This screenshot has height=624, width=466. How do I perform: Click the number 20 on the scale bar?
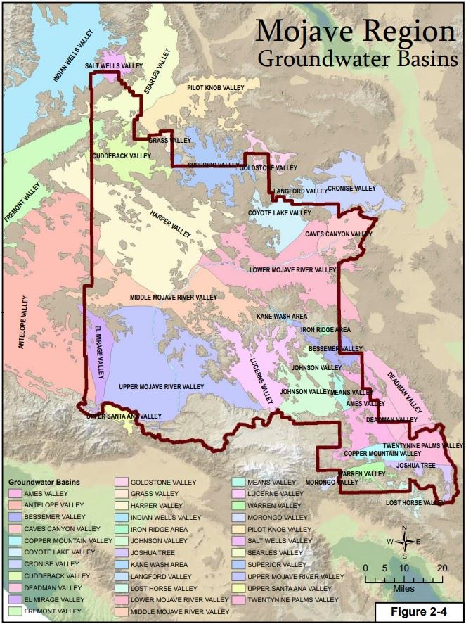point(440,568)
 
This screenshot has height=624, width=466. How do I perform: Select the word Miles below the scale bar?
point(403,586)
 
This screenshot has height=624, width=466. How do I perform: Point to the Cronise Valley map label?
point(351,189)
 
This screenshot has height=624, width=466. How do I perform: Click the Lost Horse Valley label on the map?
point(415,503)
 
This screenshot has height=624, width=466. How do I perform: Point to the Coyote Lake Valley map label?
point(279,212)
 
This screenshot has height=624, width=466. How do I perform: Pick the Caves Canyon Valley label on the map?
point(338,234)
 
